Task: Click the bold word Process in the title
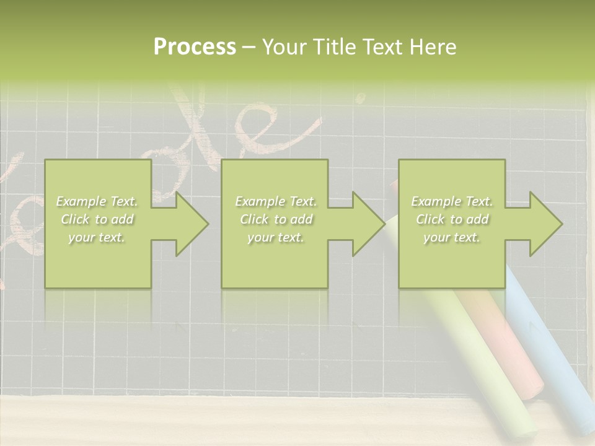195,47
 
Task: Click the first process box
97,260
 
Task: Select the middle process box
275,260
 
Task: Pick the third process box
451,260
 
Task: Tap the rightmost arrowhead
545,224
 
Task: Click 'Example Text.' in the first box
97,201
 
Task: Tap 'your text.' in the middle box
275,237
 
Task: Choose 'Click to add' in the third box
452,219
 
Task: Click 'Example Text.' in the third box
452,201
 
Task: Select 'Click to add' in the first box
97,219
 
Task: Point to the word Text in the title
384,47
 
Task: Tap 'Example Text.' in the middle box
275,201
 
